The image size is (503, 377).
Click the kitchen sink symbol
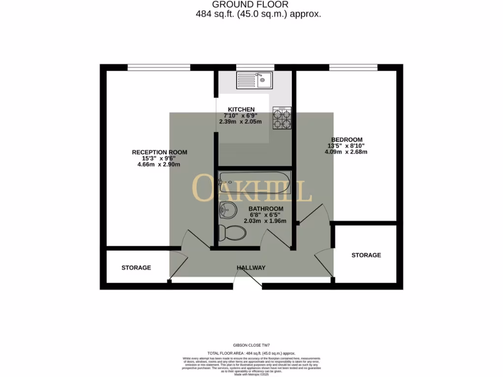254,79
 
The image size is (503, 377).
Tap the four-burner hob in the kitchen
282,118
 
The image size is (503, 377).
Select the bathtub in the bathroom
255,182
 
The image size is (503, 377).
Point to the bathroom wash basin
227,210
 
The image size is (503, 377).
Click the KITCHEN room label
241,109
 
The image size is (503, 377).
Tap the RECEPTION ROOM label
159,152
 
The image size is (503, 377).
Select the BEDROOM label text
346,139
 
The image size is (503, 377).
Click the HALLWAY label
251,268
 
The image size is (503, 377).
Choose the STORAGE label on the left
136,268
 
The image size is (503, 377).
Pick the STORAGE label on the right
366,255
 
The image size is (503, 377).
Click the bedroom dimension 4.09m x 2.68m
346,152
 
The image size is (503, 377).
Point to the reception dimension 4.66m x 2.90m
159,164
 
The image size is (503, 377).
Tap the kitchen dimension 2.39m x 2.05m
241,121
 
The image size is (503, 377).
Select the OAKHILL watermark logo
251,189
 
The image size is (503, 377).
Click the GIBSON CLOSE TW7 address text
251,346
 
